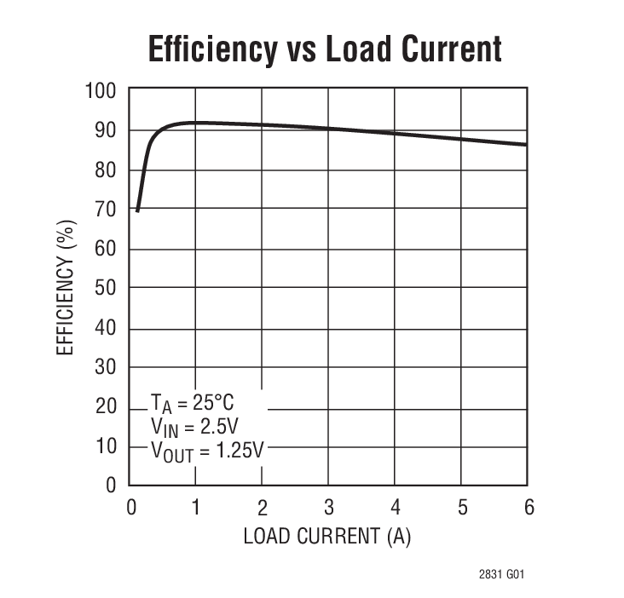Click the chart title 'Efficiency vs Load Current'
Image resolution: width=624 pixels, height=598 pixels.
click(x=325, y=49)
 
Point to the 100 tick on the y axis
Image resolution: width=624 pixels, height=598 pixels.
click(x=101, y=90)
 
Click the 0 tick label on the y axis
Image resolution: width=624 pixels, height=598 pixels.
click(x=111, y=486)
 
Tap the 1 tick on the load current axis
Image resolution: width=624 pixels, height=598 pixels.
click(x=195, y=508)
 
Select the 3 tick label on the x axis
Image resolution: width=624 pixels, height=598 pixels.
click(x=328, y=508)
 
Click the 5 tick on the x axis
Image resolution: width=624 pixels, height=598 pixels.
click(x=461, y=508)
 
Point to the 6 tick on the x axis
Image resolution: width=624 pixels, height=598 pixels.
click(x=528, y=508)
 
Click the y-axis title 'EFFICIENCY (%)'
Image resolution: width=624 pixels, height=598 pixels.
click(x=67, y=288)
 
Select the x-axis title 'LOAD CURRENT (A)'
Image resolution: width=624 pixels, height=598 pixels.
click(x=327, y=538)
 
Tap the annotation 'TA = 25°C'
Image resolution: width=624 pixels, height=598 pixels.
click(x=191, y=401)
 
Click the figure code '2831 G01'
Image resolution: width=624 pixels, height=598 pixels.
click(x=501, y=573)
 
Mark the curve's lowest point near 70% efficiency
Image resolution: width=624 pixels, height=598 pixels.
click(x=137, y=210)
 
